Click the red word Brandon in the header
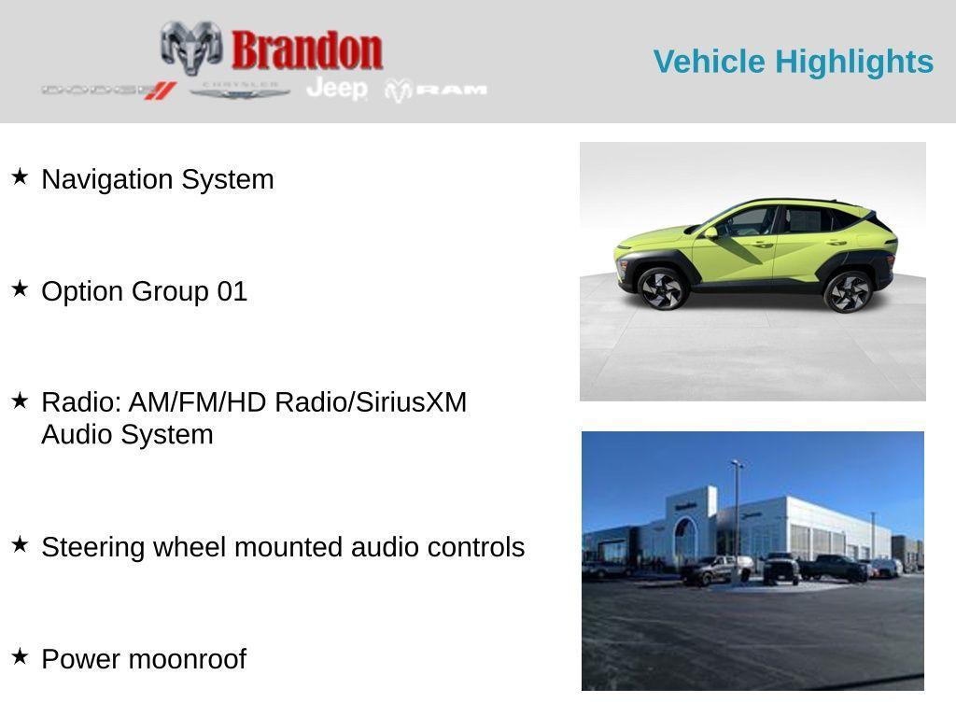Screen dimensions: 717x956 point(307,50)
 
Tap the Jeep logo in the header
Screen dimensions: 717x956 point(337,89)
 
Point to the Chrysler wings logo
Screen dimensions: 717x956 point(240,91)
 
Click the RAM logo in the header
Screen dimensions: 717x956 point(437,91)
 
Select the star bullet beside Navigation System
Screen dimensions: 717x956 point(20,176)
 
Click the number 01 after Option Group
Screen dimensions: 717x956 point(232,291)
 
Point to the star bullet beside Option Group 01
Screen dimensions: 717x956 point(20,288)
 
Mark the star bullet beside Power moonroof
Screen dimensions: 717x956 point(20,656)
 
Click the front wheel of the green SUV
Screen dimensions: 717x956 point(662,288)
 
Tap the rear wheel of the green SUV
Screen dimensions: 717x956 point(848,291)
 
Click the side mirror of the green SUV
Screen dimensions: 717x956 point(711,232)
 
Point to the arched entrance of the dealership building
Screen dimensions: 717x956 point(686,541)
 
